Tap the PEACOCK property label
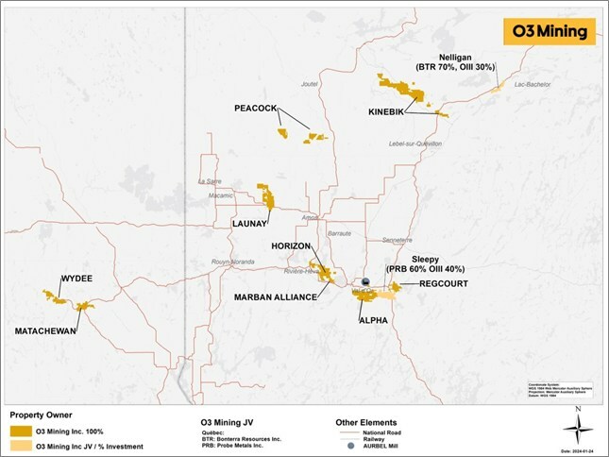pos(255,110)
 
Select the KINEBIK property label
pos(388,112)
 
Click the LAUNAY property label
pos(252,224)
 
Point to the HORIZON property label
pos(292,245)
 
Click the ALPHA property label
pos(374,321)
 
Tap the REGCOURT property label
pos(431,283)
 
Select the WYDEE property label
pos(76,279)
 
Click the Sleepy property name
pos(427,258)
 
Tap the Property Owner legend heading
pos(43,415)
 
